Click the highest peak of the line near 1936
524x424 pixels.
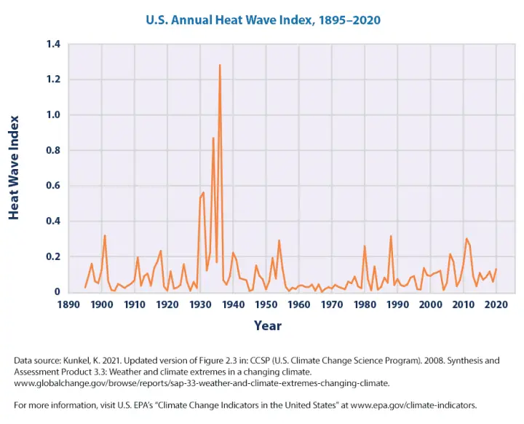(x=220, y=66)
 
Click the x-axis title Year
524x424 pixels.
(x=268, y=326)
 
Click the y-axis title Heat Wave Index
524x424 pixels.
(x=15, y=168)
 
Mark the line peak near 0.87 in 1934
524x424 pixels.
(x=213, y=138)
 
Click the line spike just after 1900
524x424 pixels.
(x=105, y=235)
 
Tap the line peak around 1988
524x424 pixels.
(x=391, y=236)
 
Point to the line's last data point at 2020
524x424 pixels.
(x=496, y=270)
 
